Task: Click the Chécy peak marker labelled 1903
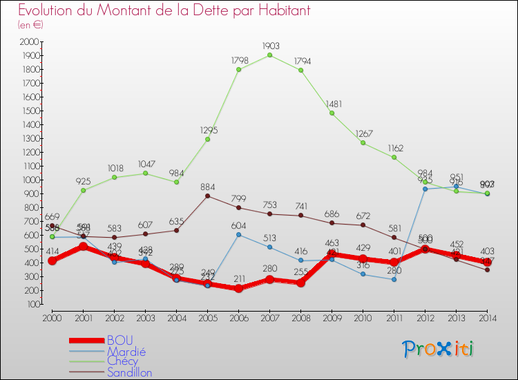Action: (269, 55)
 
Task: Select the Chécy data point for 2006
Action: (238, 69)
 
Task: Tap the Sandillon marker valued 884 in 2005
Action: (207, 196)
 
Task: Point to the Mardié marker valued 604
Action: (238, 235)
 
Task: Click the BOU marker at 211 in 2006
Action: (238, 289)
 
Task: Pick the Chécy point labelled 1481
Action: (332, 113)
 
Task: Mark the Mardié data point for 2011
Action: (394, 279)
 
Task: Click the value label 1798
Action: (238, 61)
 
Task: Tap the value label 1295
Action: (207, 130)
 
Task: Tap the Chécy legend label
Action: (122, 361)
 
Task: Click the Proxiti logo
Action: (439, 349)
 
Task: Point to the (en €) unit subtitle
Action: (30, 24)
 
